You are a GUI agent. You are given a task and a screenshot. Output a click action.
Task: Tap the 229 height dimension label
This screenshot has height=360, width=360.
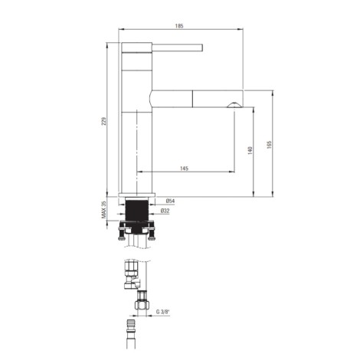pyautogui.click(x=104, y=121)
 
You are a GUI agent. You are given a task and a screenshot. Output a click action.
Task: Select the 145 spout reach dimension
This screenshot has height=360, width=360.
pyautogui.click(x=184, y=169)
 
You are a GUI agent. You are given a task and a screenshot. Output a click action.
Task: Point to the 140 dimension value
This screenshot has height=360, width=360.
pyautogui.click(x=250, y=150)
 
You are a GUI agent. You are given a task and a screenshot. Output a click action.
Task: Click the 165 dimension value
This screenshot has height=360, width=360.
pyautogui.click(x=269, y=145)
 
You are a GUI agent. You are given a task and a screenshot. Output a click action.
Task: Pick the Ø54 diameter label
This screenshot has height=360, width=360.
pyautogui.click(x=170, y=201)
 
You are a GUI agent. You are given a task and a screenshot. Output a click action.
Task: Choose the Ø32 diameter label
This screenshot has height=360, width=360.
pyautogui.click(x=165, y=211)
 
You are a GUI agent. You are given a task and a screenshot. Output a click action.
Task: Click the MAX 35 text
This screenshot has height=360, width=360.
pyautogui.click(x=103, y=210)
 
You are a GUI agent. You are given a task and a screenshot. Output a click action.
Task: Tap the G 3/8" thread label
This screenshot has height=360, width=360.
pyautogui.click(x=162, y=312)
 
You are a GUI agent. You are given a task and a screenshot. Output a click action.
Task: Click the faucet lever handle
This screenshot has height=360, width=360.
pyautogui.click(x=177, y=47)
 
